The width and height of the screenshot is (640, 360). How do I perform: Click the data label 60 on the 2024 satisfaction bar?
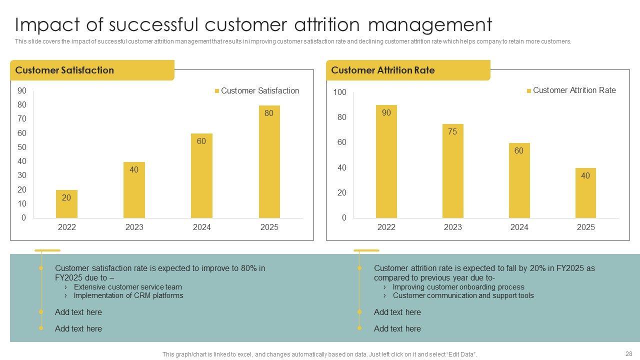click(201, 141)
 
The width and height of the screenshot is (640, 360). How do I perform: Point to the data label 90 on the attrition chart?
click(386, 113)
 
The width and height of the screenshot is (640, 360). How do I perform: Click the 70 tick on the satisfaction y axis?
click(22, 119)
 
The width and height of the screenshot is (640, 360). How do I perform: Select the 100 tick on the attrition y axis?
click(340, 92)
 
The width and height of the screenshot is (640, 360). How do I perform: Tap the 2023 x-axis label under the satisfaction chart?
click(134, 227)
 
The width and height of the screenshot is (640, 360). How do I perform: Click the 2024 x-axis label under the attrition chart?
click(519, 227)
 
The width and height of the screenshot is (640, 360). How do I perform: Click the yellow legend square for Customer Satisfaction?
click(217, 91)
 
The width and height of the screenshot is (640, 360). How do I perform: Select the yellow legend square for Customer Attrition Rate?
click(529, 91)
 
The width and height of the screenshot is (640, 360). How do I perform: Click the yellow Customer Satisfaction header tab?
click(92, 70)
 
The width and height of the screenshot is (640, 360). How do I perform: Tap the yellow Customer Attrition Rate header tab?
click(407, 70)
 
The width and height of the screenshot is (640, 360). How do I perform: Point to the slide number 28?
click(628, 353)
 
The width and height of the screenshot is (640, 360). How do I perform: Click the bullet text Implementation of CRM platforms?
click(128, 295)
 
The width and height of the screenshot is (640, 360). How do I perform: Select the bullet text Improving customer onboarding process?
click(458, 287)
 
